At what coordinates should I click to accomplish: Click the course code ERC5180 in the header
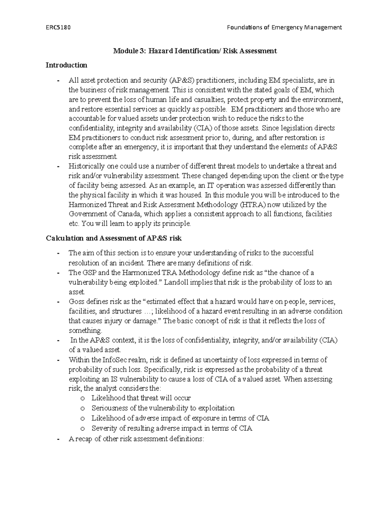click(x=58, y=27)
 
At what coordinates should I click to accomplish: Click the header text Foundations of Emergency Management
click(x=284, y=27)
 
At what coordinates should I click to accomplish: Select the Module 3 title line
click(x=195, y=51)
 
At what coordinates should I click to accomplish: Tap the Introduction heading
click(x=66, y=65)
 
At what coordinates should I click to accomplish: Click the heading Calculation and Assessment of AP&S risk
click(x=114, y=238)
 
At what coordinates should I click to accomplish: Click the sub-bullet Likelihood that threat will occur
click(x=141, y=398)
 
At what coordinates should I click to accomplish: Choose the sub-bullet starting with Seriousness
click(x=163, y=408)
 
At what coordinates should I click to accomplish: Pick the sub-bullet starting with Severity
click(x=172, y=428)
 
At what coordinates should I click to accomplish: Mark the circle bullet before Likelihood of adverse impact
click(x=83, y=418)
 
